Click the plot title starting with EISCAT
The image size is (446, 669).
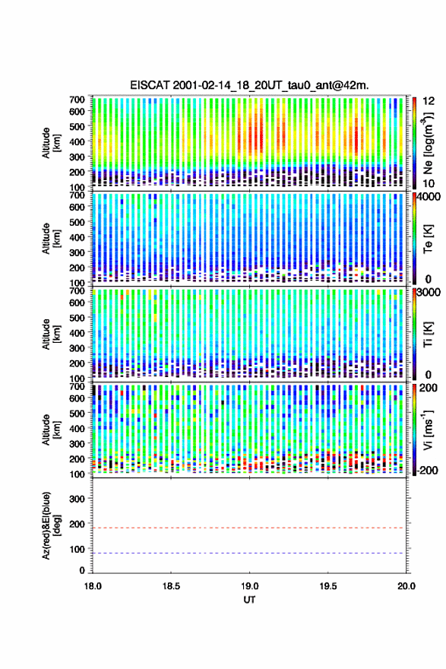click(x=249, y=85)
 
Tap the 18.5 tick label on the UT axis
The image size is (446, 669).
click(x=171, y=586)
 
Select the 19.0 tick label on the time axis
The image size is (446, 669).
click(x=249, y=586)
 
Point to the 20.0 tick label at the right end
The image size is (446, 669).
click(x=406, y=586)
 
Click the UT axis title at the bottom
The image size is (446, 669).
click(x=249, y=600)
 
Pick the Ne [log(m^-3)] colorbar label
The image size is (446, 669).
click(x=428, y=143)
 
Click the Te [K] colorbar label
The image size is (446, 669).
click(x=428, y=239)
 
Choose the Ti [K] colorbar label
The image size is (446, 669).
click(x=428, y=334)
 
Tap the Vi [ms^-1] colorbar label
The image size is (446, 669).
click(x=428, y=430)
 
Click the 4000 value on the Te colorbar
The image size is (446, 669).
click(x=429, y=197)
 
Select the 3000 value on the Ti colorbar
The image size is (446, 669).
click(x=429, y=292)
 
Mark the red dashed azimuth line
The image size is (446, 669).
click(x=248, y=528)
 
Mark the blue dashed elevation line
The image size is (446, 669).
click(x=248, y=553)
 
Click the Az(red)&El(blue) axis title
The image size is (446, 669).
click(x=51, y=525)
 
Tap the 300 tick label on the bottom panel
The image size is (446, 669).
click(x=77, y=499)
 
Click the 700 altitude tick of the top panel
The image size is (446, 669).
click(x=77, y=100)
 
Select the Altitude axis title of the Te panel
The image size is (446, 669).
click(x=51, y=238)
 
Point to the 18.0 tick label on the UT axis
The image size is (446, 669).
click(x=93, y=586)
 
